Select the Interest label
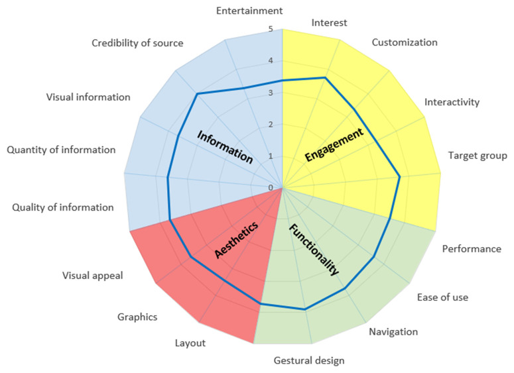pos(329,23)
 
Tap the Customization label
pos(405,42)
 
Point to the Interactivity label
pos(452,102)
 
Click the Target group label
pos(478,156)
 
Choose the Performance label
pos(472,249)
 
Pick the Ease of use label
pos(442,297)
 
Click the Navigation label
pos(393,331)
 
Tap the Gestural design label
pos(309,360)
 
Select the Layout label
pos(190,343)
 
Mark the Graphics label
pos(137,317)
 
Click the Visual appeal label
pos(93,276)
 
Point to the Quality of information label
pos(63,207)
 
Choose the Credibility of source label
pos(138,43)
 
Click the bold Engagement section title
pos(334,145)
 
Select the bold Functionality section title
pos(314,249)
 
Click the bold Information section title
pos(225,147)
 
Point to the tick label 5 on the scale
pos(271,29)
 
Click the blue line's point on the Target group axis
pos(400,176)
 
